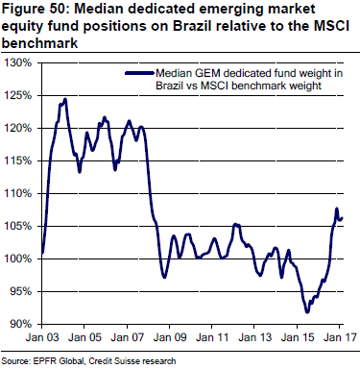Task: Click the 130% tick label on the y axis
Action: [x=19, y=63]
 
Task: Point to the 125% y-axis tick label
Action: [x=19, y=96]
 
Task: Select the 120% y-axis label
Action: [x=19, y=129]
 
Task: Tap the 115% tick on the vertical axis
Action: [x=19, y=161]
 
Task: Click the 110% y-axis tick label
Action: [x=19, y=194]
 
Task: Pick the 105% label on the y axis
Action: [x=19, y=227]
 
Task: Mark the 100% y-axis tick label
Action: [x=19, y=259]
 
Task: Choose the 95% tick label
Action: [x=21, y=292]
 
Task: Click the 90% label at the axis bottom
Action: [x=21, y=325]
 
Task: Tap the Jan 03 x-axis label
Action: [x=42, y=340]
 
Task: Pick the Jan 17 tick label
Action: [x=338, y=340]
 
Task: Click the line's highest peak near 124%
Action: [x=64, y=99]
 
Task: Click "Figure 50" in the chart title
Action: [x=35, y=11]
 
